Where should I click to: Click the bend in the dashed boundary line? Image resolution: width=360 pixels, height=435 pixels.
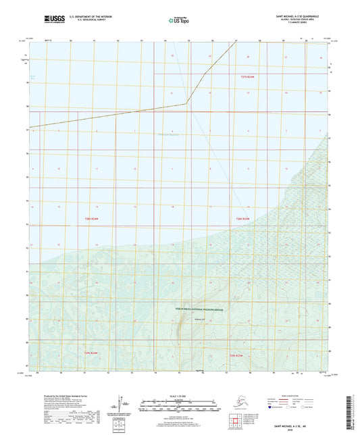187,103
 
